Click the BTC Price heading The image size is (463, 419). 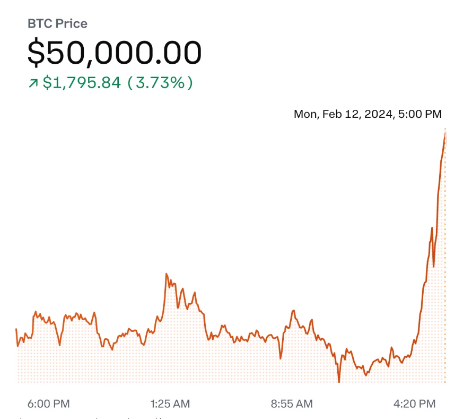coord(57,23)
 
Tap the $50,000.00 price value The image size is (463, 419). coord(115,53)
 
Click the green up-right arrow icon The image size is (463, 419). coord(33,83)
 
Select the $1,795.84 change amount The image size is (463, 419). coord(82,83)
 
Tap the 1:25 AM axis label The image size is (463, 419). coord(170,404)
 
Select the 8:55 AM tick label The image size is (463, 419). coord(292,404)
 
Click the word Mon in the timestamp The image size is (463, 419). coord(304,114)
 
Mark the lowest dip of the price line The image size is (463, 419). coord(338,381)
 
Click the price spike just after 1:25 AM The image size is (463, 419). coord(167,274)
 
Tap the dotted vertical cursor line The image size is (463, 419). coord(445,266)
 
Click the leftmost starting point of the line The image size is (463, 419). coord(16,329)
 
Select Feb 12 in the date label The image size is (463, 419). coord(343,114)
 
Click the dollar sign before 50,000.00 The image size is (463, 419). coord(36,53)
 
